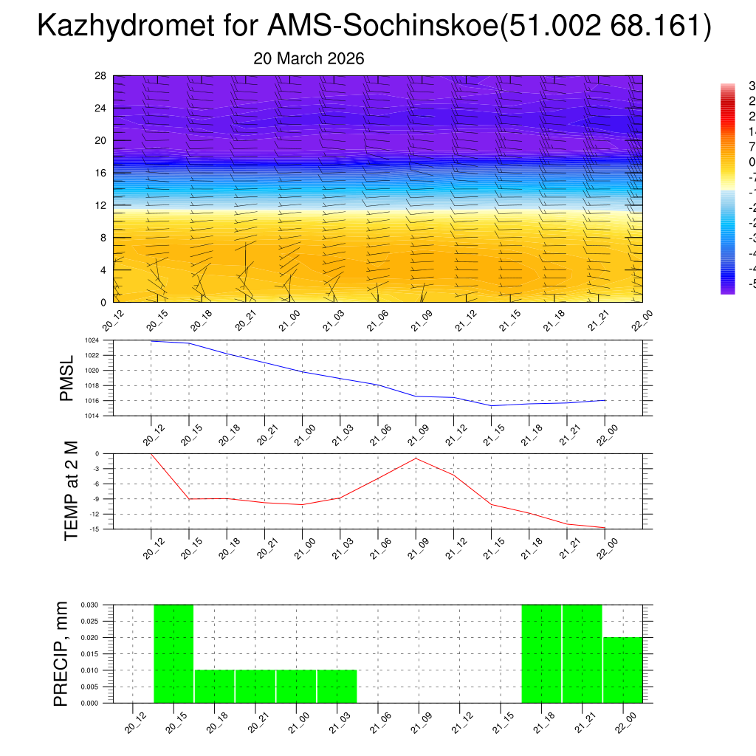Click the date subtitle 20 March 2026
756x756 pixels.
[309, 59]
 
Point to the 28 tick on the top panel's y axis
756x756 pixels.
[101, 76]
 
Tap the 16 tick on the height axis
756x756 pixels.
[101, 173]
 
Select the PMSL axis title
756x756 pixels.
[66, 379]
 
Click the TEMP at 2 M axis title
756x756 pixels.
[71, 492]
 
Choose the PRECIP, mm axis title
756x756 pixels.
[62, 654]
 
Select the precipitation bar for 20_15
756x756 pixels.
[173, 653]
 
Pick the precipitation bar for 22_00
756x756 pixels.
[622, 670]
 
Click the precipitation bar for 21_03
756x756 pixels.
[337, 687]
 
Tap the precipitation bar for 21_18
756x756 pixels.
[541, 653]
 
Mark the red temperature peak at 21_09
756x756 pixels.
[416, 458]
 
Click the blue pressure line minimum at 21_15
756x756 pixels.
[491, 405]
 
